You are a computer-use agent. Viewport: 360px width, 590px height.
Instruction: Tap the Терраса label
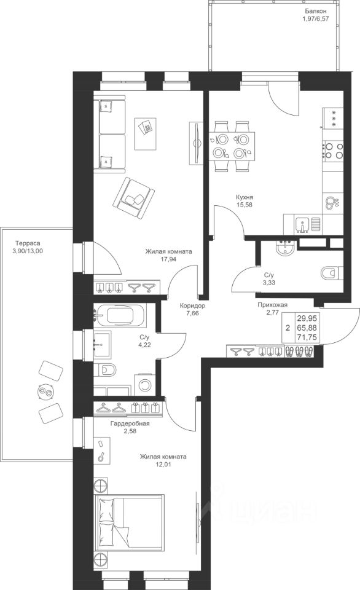[28, 243]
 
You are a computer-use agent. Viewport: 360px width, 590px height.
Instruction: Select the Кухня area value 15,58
[244, 205]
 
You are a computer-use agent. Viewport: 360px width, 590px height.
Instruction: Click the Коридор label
[192, 305]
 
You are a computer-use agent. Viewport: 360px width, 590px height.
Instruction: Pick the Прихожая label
[272, 305]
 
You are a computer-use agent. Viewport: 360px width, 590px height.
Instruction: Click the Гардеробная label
[130, 423]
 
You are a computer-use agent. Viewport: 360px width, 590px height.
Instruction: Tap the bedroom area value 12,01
[163, 465]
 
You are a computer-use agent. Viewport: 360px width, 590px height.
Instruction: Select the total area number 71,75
[307, 337]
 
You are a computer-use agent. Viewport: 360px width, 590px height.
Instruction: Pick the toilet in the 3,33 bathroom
[332, 272]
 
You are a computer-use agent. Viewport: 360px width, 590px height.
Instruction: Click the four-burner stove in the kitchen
[334, 150]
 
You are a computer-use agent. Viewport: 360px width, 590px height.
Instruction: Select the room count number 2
[288, 328]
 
